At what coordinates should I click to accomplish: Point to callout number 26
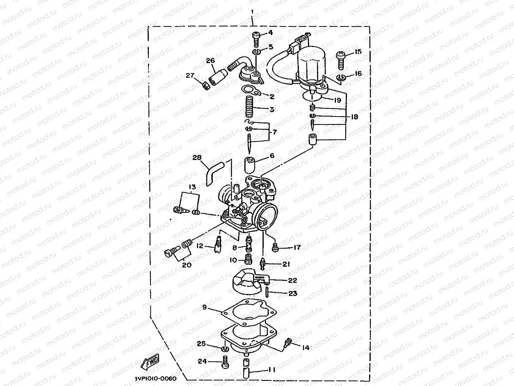pyautogui.click(x=210, y=60)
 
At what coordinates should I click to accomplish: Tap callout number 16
pyautogui.click(x=358, y=73)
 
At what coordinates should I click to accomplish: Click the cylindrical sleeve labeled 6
pyautogui.click(x=249, y=165)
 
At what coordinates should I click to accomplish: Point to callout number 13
pyautogui.click(x=192, y=187)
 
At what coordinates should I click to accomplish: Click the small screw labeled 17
pyautogui.click(x=276, y=248)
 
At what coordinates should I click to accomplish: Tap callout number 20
pyautogui.click(x=187, y=265)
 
